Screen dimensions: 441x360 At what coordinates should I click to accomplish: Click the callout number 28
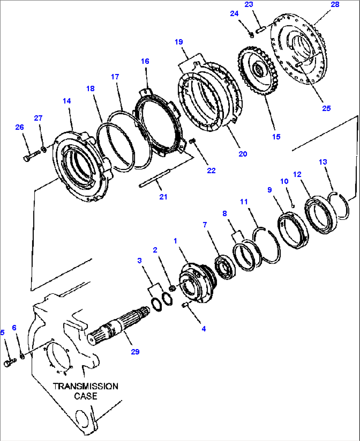335,4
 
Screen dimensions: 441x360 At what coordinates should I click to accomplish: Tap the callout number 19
179,42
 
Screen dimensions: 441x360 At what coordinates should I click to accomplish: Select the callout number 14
67,101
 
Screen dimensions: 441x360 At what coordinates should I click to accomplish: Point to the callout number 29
135,352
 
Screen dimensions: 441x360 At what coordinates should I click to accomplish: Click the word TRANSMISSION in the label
86,386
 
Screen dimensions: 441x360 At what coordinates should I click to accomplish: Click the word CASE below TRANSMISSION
86,396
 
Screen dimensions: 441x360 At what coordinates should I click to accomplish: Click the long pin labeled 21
155,179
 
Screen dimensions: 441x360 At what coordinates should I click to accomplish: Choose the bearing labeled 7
225,266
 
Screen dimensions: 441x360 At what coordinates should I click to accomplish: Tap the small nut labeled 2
172,289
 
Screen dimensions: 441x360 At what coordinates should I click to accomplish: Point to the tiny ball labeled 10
293,206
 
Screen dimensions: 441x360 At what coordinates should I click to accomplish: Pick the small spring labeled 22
193,142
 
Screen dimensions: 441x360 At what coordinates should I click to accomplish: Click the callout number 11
244,202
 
